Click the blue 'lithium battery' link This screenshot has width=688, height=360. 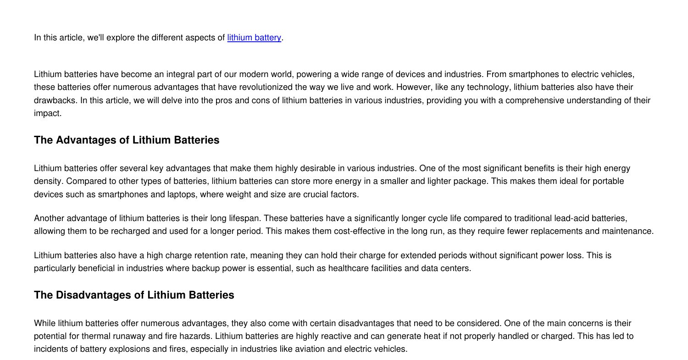(x=254, y=38)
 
